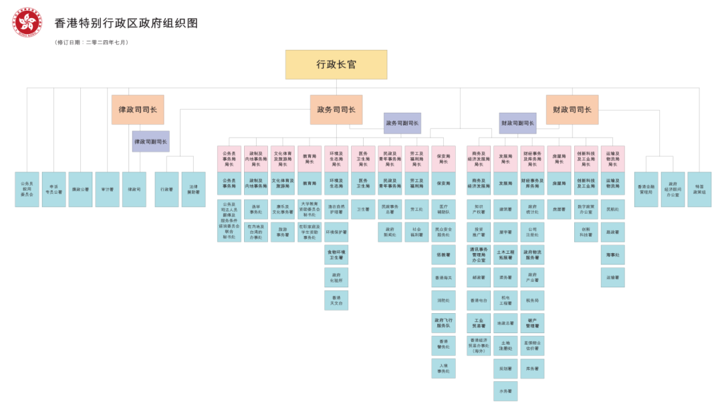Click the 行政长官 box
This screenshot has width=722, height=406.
coord(336,65)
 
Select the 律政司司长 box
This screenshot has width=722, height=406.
coord(138,110)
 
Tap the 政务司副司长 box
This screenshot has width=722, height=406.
coord(402,123)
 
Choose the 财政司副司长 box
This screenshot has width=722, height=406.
coord(517,123)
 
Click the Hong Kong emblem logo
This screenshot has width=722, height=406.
coord(27,22)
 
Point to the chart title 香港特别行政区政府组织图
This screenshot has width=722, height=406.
coord(126,23)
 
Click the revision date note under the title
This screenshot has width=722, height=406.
coord(92,42)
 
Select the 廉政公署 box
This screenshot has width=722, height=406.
coord(80,189)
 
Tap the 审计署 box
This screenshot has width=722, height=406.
coord(107,189)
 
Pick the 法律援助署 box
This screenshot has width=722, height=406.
coord(194,189)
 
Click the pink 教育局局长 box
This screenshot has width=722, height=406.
coord(310,159)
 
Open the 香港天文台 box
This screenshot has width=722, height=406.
coord(336,300)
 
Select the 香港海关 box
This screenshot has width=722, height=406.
coord(443,278)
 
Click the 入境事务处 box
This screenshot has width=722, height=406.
coord(443,368)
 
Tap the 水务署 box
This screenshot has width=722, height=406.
coord(505,391)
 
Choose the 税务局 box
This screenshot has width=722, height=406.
coord(533,300)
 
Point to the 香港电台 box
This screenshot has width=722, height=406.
coord(478,300)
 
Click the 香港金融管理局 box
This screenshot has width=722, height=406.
coord(646,189)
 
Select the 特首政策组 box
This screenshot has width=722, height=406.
coord(699,189)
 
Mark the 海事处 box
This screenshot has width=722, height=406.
coord(613,254)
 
